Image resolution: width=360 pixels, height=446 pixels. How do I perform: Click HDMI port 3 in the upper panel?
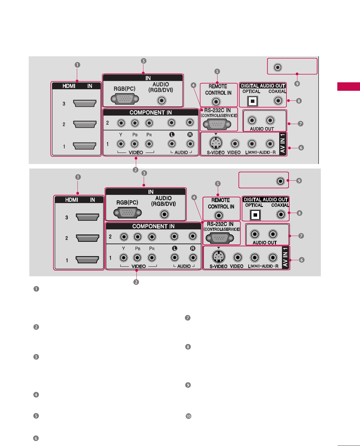85,103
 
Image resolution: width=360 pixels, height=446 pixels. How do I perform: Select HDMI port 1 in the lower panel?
87,260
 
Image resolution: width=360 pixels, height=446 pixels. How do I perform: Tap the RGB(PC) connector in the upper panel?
125,99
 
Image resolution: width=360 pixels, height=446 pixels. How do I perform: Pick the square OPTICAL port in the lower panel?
255,215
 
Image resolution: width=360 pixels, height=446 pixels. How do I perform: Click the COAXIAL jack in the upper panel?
278,100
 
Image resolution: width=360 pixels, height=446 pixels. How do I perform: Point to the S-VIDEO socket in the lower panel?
218,257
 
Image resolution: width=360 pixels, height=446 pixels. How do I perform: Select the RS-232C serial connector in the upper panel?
217,124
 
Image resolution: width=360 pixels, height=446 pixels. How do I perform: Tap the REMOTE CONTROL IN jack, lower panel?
218,215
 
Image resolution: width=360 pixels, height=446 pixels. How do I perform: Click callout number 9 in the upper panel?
297,84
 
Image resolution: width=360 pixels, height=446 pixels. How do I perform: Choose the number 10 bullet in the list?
188,416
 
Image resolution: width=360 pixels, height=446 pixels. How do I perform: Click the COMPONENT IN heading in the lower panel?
153,226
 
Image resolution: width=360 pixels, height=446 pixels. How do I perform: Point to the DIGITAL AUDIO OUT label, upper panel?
263,86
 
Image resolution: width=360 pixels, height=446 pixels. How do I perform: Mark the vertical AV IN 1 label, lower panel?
285,257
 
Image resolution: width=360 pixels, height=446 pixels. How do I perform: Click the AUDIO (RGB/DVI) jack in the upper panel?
162,100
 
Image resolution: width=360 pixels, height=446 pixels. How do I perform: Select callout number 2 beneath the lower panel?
136,282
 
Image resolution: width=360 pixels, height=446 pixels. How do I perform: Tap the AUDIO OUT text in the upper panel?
262,129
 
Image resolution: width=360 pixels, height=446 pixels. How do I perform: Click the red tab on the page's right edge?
349,87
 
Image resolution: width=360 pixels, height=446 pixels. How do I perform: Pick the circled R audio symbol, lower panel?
193,248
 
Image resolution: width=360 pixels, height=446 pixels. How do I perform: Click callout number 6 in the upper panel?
301,148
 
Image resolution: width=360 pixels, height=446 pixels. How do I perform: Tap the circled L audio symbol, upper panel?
172,135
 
